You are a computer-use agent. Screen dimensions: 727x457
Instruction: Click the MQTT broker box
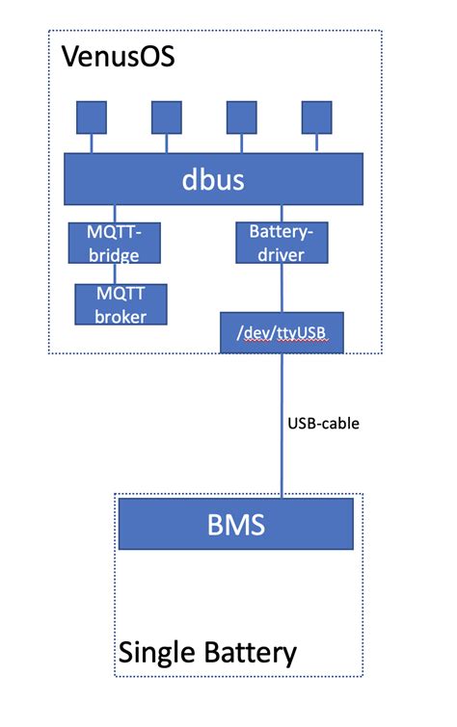121,303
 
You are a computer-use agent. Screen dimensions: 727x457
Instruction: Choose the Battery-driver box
281,243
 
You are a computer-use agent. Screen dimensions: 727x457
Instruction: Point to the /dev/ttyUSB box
281,332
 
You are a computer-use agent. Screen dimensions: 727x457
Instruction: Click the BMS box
235,526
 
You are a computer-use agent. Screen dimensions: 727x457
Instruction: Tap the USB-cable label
323,422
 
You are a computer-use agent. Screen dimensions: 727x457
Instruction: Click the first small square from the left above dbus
92,117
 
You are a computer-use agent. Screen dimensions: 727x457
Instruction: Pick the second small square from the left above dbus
166,117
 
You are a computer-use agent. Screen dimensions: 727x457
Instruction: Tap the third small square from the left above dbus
241,117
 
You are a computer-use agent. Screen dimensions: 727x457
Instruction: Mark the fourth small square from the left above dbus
316,117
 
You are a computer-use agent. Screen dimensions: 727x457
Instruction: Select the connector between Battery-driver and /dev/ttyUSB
282,288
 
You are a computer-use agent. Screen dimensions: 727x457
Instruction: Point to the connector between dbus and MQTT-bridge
115,213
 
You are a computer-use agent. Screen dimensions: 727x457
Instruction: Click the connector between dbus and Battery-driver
282,213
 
